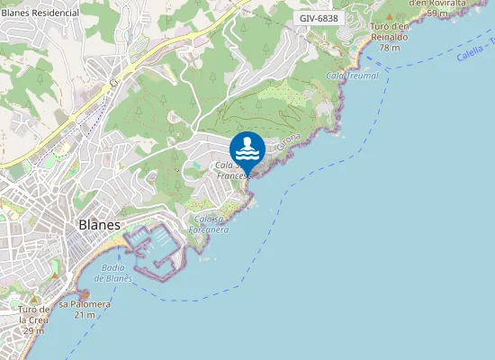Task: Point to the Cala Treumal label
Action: pos(352,76)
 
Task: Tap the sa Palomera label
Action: pos(85,304)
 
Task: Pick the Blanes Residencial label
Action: pos(40,13)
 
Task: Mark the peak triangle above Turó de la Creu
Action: pos(34,300)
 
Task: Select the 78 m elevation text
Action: pos(390,47)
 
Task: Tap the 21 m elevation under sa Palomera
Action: pos(85,315)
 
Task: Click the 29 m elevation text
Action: pos(34,331)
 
